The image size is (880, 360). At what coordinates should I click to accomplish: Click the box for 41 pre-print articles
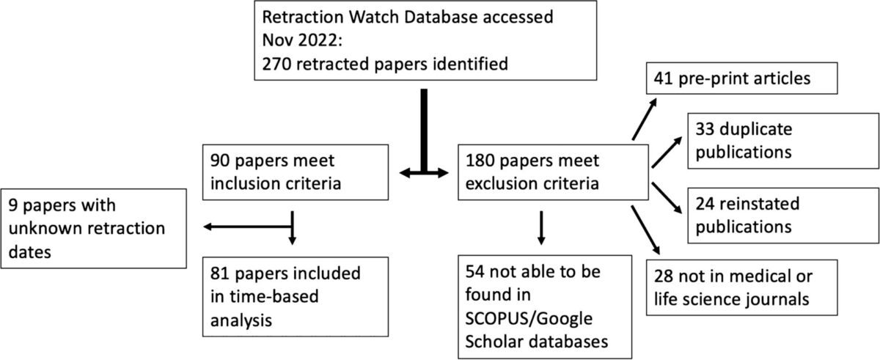click(x=741, y=78)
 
